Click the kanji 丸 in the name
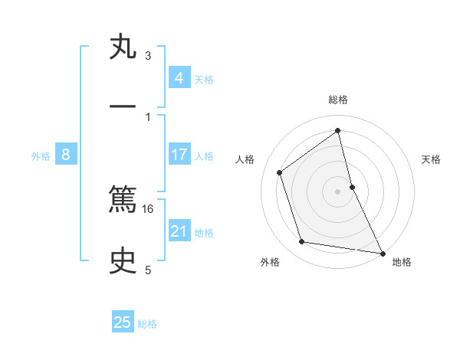point(123,48)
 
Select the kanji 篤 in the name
point(123,201)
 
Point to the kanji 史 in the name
point(123,262)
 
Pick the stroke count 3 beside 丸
point(148,55)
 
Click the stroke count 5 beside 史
point(148,270)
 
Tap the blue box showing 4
point(179,78)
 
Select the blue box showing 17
point(179,155)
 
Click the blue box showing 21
point(179,231)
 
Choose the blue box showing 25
point(123,322)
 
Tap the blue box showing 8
point(66,155)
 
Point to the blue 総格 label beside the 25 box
point(147,324)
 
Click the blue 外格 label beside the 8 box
point(41,156)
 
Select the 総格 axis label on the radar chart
point(338,100)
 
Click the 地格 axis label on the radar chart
point(402,262)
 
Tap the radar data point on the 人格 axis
point(280,172)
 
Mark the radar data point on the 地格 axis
point(381,252)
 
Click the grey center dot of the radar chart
point(338,191)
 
